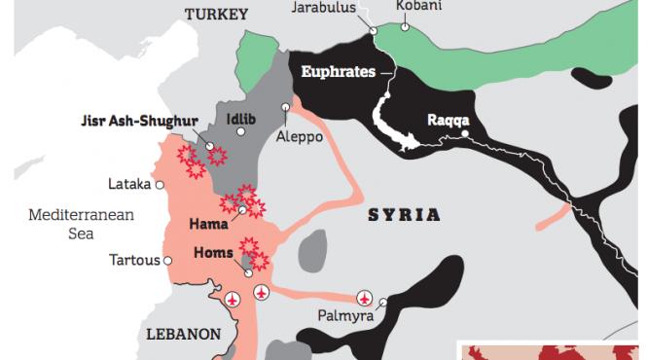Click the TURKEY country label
(218, 15)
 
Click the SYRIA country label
(403, 214)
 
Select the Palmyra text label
(345, 315)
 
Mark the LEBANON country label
(183, 333)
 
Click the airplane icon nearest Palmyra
(365, 298)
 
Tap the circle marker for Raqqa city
(467, 133)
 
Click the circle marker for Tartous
(167, 260)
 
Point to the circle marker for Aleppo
(285, 107)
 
